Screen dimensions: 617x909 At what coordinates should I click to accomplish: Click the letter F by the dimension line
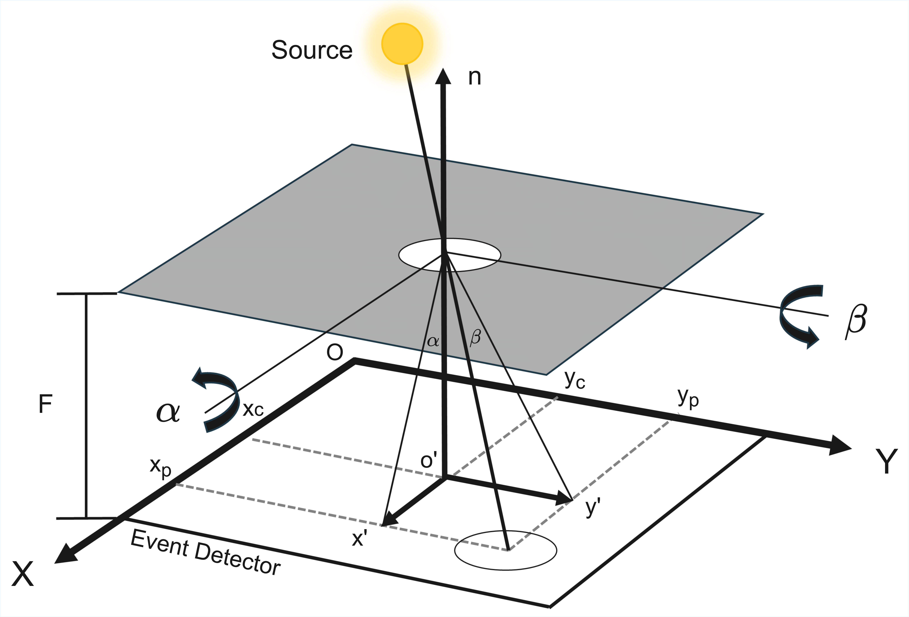pyautogui.click(x=45, y=404)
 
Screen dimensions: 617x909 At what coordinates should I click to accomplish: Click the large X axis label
pyautogui.click(x=23, y=574)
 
